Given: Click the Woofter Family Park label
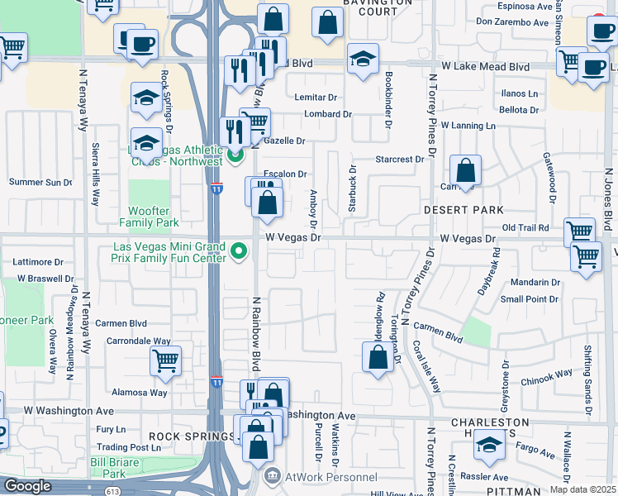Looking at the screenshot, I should tap(149, 217).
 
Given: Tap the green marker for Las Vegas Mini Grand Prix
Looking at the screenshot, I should tap(240, 250).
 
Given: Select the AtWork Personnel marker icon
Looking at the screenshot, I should tap(271, 477).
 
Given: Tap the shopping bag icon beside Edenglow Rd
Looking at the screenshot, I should tap(378, 358).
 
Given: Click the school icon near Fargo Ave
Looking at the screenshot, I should tap(490, 446).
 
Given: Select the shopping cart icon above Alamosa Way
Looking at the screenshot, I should tap(166, 360).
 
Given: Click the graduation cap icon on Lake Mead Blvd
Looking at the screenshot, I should tap(362, 58).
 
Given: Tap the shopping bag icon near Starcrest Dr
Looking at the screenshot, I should tap(466, 170).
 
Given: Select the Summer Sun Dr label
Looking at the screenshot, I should tap(40, 182).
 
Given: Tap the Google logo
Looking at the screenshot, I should tap(27, 486).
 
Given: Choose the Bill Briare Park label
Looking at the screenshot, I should tap(107, 468).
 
